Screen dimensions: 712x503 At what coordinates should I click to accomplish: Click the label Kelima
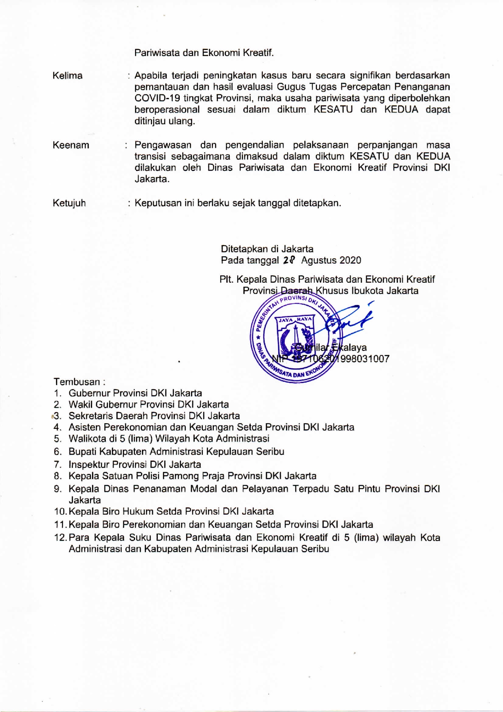coord(67,76)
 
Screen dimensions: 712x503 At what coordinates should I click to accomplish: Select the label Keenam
coord(71,145)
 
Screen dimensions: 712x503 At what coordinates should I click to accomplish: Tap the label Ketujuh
coord(69,203)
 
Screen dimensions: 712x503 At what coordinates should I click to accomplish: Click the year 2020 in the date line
coord(350,260)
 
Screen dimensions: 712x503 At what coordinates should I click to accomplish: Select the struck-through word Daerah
coord(297,291)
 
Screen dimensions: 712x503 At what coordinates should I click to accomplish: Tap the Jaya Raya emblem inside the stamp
coord(295,335)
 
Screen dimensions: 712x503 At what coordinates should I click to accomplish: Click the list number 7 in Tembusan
coord(57,464)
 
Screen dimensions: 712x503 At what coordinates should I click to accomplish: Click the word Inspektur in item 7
coord(89,464)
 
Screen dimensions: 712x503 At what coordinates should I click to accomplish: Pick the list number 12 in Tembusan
coord(60,538)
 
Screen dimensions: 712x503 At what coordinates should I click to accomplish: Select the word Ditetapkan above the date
coord(244,249)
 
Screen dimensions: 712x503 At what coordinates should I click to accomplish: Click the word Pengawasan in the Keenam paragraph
coord(163,145)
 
